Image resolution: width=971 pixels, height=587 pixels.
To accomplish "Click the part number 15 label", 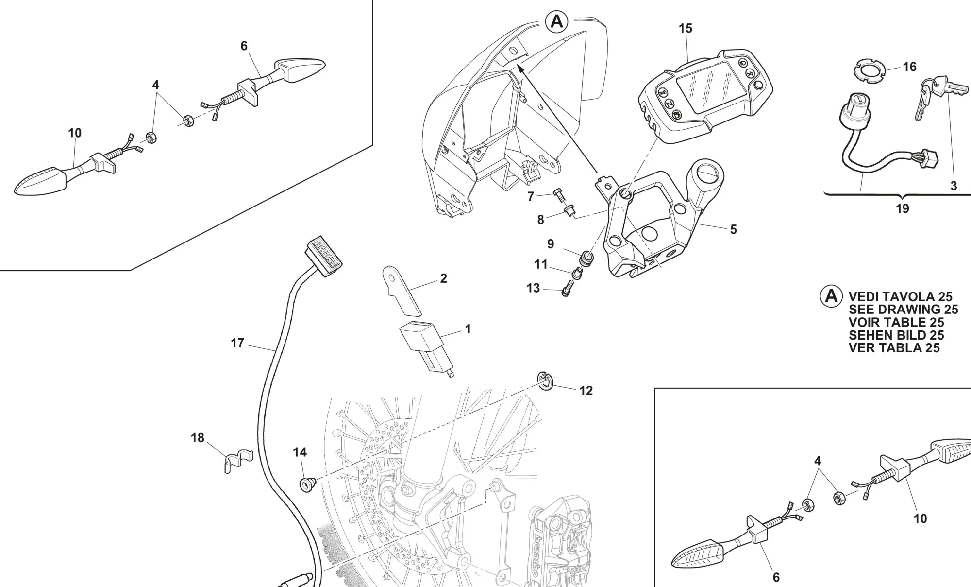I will (x=685, y=29).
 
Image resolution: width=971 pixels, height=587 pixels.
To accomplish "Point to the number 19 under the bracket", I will (x=902, y=208).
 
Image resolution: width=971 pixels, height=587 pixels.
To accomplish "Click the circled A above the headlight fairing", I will (x=556, y=21).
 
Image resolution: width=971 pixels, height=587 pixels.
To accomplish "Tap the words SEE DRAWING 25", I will (x=903, y=310).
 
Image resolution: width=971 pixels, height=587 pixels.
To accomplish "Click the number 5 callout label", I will (x=733, y=229).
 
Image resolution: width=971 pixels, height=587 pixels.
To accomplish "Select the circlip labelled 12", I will (x=545, y=380).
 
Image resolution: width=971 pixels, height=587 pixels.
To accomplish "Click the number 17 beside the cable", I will (x=237, y=343).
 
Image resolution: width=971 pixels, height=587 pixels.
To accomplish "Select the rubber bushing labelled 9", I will (x=586, y=256).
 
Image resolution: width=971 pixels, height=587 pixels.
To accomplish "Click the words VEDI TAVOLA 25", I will (x=900, y=297).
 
